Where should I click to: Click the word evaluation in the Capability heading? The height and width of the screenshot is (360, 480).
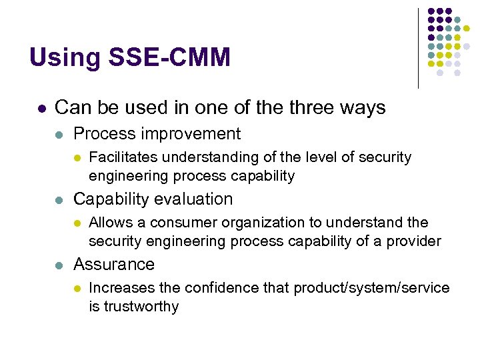(x=195, y=199)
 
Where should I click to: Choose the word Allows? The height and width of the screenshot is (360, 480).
(x=108, y=222)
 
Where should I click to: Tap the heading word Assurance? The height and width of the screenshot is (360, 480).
(x=113, y=264)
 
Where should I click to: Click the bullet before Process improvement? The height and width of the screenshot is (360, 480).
(x=59, y=135)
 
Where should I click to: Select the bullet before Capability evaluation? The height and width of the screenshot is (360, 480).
(x=59, y=200)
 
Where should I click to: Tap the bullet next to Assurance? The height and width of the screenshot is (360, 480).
(x=59, y=265)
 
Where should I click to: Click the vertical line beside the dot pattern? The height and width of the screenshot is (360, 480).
(x=419, y=48)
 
